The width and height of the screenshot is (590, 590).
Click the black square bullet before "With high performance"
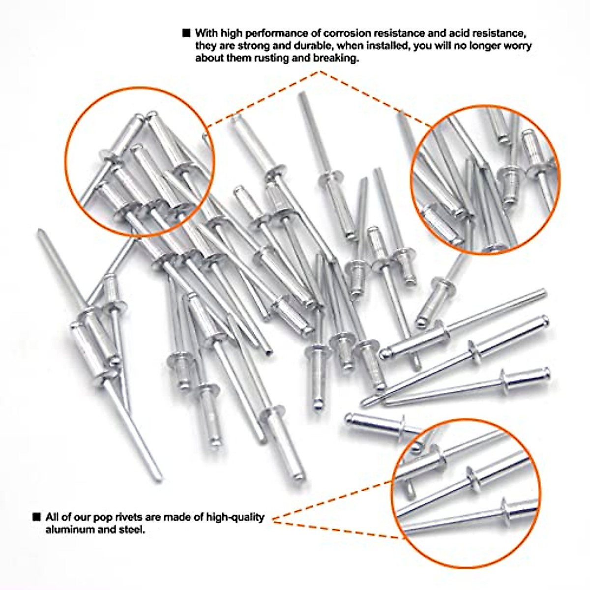pyautogui.click(x=186, y=33)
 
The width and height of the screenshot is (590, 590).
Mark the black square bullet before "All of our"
pyautogui.click(x=36, y=517)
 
